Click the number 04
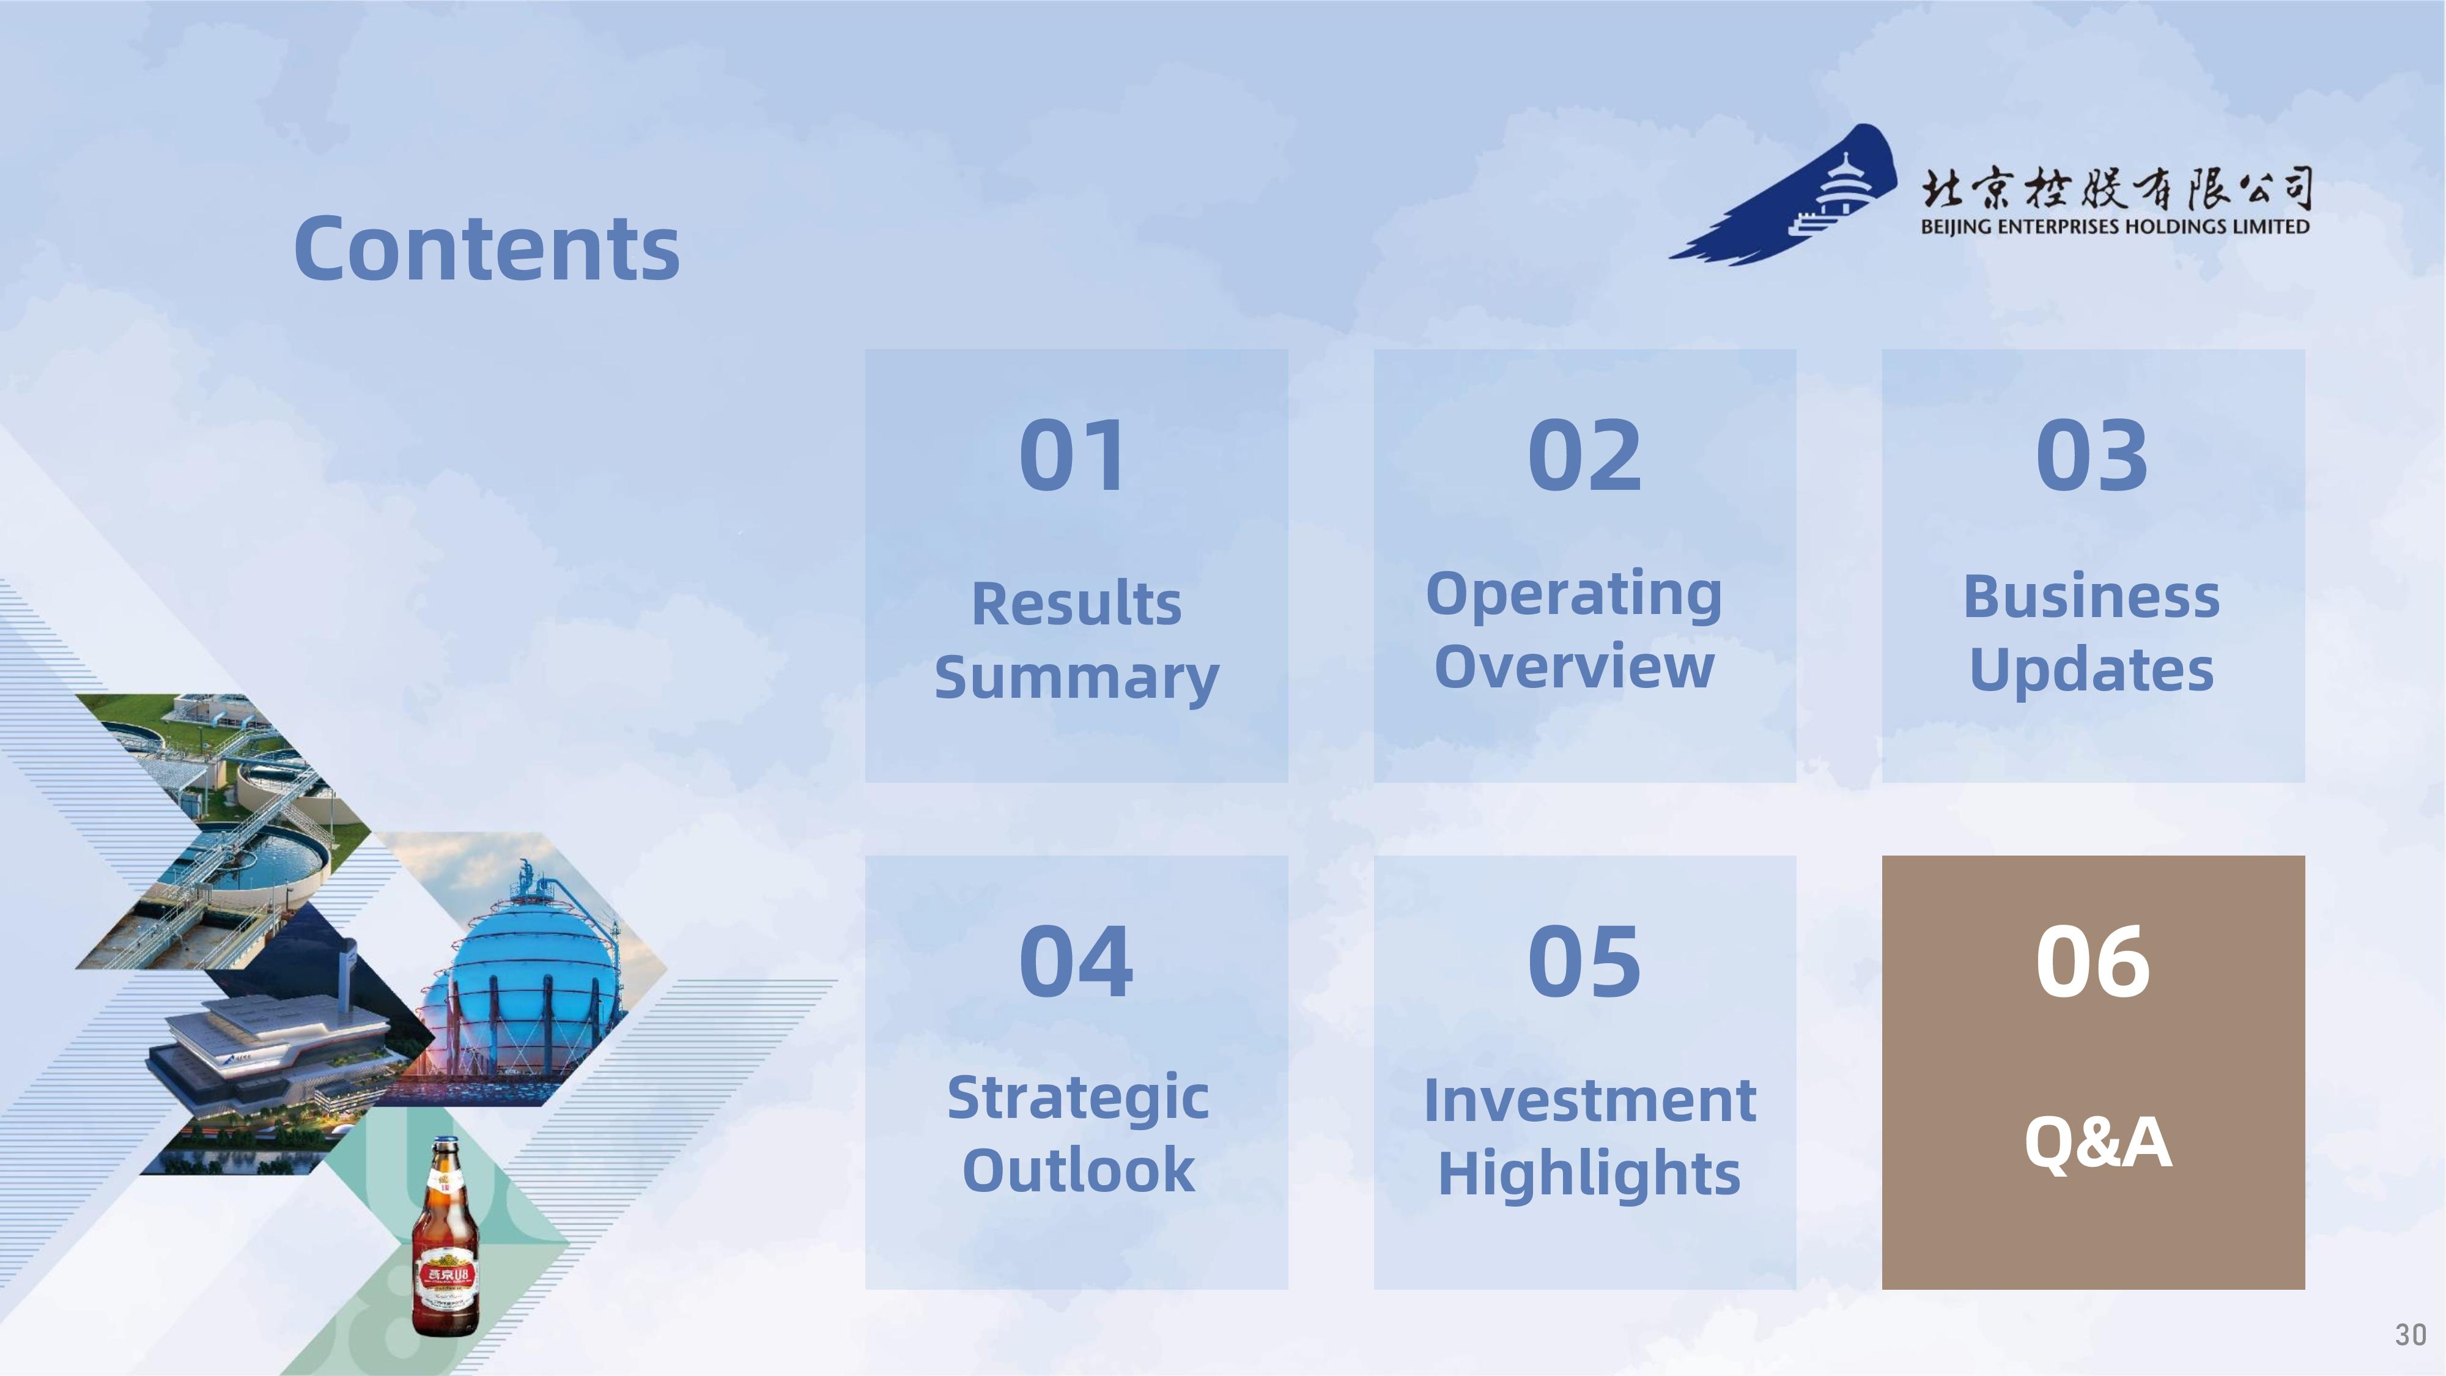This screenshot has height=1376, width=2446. click(1076, 962)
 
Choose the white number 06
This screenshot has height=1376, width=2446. click(2093, 962)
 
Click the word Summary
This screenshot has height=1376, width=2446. click(1077, 679)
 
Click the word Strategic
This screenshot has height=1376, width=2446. click(1077, 1100)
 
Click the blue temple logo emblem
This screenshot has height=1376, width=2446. click(1785, 194)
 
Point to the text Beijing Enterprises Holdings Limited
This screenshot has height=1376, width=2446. click(2115, 227)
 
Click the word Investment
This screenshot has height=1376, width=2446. click(1589, 1101)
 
